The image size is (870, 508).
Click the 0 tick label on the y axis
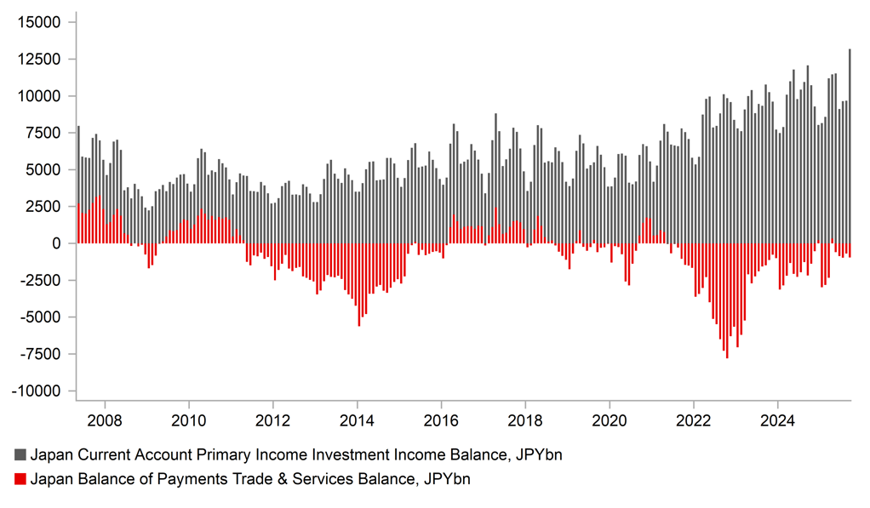(57, 243)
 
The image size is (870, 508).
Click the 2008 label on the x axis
(105, 420)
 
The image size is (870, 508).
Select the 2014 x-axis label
(357, 420)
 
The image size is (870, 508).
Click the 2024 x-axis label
(777, 420)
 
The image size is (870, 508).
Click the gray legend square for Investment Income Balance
(20, 455)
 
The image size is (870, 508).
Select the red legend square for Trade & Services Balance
(20, 479)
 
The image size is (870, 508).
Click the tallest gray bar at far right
(850, 145)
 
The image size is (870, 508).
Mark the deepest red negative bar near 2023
(727, 300)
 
